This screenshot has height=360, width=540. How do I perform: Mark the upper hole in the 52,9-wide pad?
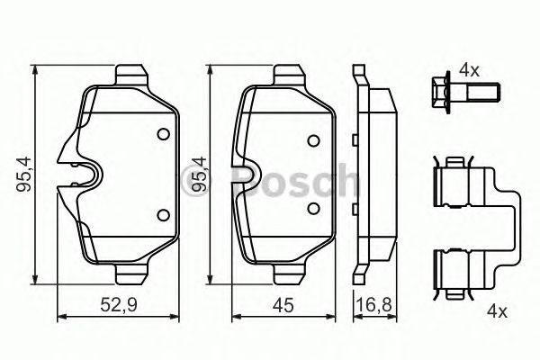coord(163,135)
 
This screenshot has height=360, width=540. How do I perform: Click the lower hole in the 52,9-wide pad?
coord(163,214)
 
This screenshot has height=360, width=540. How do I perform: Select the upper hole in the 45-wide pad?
coord(313,140)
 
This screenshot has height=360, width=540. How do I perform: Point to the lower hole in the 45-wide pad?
coord(313,209)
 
